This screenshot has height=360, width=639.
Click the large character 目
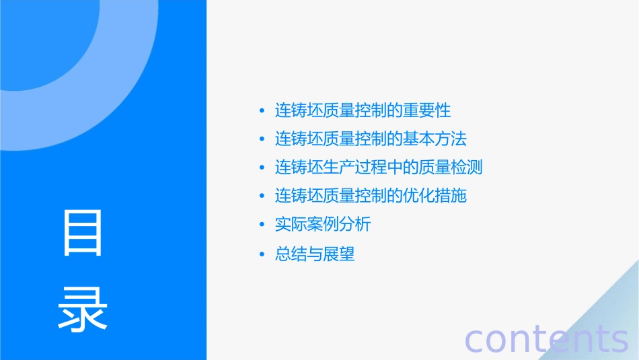83,233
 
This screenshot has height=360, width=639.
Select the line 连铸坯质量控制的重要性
363,110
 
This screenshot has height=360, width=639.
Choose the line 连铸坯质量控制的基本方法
371,139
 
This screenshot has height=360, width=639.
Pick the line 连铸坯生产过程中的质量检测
379,168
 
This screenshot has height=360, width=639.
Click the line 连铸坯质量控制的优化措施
371,196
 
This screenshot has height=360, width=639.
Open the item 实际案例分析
323,225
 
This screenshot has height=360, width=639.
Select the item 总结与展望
315,254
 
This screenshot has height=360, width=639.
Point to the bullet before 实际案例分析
262,225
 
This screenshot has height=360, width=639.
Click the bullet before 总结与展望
262,254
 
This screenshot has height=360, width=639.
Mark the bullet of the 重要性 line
262,110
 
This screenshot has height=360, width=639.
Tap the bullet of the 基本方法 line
262,139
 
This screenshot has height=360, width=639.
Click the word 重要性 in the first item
426,110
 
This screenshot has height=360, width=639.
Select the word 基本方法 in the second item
435,139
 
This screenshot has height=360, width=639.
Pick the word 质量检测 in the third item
451,168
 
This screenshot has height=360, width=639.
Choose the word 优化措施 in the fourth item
435,196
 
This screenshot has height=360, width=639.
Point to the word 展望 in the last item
339,254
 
